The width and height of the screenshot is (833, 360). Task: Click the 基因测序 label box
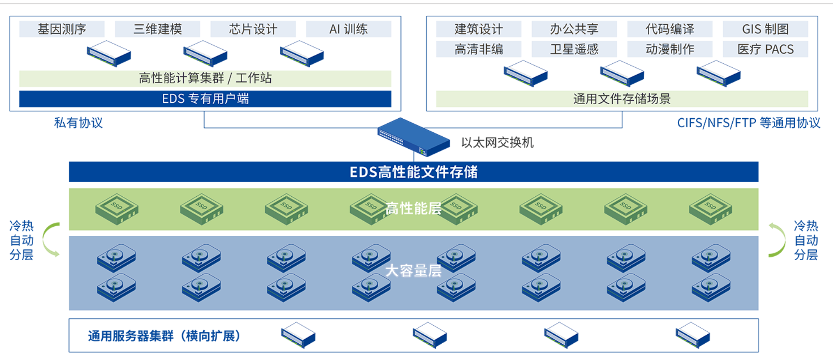(62, 29)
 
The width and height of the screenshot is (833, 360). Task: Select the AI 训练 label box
(348, 29)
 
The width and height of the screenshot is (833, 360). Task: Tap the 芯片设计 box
(253, 29)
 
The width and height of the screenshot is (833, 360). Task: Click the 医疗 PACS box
(765, 49)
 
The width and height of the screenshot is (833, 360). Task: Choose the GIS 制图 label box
(765, 29)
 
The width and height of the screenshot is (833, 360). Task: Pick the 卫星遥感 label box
(574, 49)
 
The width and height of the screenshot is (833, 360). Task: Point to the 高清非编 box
(479, 49)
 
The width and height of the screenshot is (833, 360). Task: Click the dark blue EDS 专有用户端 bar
(205, 99)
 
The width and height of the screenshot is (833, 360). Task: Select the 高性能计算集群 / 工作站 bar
(205, 78)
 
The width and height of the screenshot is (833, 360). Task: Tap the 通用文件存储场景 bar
(622, 99)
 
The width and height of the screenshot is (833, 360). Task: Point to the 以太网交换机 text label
(497, 143)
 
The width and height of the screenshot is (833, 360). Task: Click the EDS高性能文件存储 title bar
(414, 172)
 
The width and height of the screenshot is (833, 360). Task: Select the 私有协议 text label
(78, 123)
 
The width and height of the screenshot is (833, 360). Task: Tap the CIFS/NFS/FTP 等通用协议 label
(749, 123)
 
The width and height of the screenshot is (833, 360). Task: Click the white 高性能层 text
(413, 209)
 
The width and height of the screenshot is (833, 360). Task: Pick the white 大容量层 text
(413, 271)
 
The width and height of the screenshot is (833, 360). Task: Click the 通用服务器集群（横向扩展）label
(164, 336)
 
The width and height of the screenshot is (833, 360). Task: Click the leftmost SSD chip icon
(117, 209)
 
